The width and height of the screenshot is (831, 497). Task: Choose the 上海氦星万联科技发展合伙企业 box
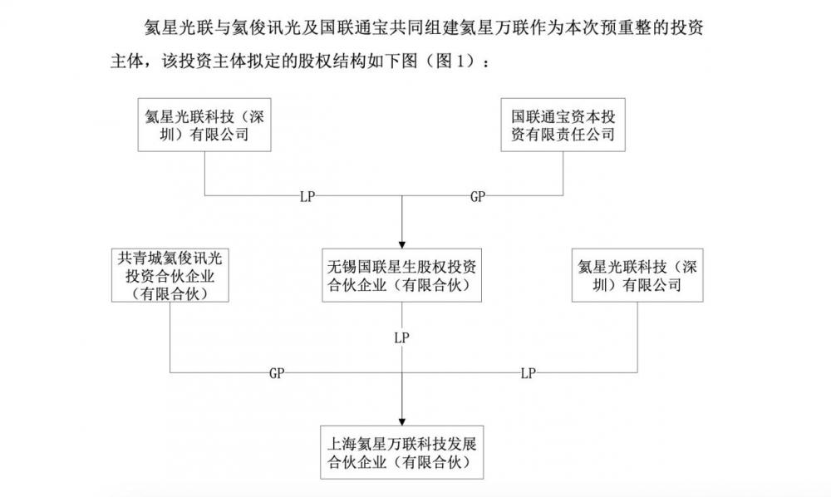[403, 450]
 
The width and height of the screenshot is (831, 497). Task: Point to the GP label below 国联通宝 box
[478, 198]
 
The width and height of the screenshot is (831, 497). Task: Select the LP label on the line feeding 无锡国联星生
[308, 198]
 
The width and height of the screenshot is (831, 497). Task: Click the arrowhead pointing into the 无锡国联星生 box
[403, 242]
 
